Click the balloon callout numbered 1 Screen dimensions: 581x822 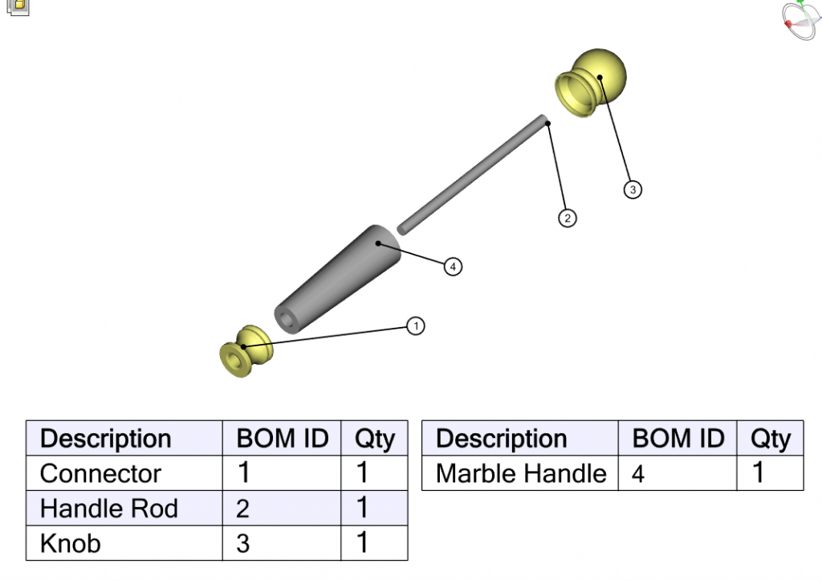point(415,325)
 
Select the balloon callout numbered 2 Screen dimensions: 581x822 point(568,218)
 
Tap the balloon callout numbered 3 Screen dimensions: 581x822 point(633,190)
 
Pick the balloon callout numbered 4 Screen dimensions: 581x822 point(454,266)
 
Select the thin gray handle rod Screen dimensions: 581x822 point(474,174)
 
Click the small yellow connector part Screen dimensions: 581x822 point(246,351)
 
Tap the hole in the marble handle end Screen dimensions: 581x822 point(287,318)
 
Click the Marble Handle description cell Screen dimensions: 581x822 point(519,473)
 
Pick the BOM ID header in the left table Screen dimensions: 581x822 point(282,439)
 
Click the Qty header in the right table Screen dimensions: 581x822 point(770,439)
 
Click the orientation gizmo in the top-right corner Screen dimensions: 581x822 point(800,19)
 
